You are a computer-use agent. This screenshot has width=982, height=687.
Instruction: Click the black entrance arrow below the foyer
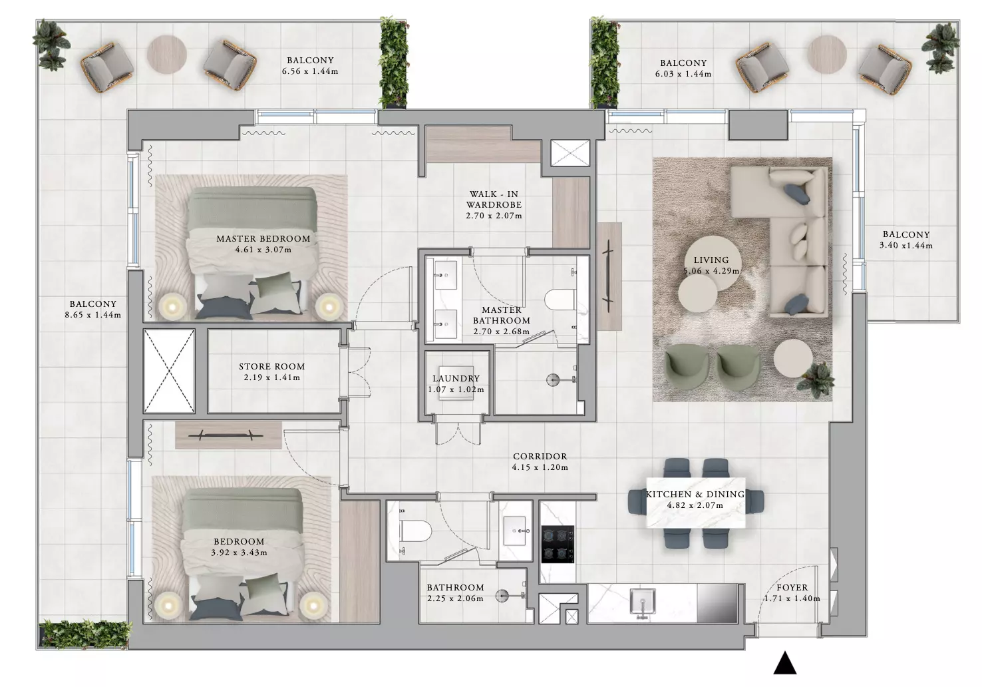pos(784,663)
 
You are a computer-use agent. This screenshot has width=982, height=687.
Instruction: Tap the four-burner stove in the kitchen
pos(558,545)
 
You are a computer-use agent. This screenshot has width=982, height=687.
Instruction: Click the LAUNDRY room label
pos(456,378)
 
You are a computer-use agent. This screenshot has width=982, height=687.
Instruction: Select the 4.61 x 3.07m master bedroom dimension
pos(263,250)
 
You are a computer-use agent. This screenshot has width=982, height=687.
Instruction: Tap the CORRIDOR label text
pos(540,456)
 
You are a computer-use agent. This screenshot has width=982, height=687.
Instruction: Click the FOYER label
pos(792,587)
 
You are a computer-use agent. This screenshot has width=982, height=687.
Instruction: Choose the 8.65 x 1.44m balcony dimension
pos(93,315)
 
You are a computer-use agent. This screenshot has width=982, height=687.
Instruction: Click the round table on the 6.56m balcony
pos(166,55)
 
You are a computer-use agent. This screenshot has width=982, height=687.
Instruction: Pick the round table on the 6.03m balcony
pos(827,55)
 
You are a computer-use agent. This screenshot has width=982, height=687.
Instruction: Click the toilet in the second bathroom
pos(415,531)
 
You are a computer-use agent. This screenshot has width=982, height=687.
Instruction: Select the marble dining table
pos(696,503)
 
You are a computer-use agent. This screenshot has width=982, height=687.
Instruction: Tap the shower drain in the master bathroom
pos(553,379)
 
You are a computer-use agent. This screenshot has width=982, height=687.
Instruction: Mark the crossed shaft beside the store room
pos(169,371)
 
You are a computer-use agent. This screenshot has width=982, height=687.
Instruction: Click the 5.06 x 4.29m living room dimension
pos(711,271)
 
